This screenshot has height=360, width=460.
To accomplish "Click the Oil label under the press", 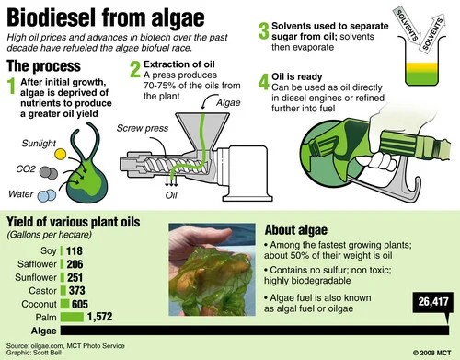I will (x=170, y=194).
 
